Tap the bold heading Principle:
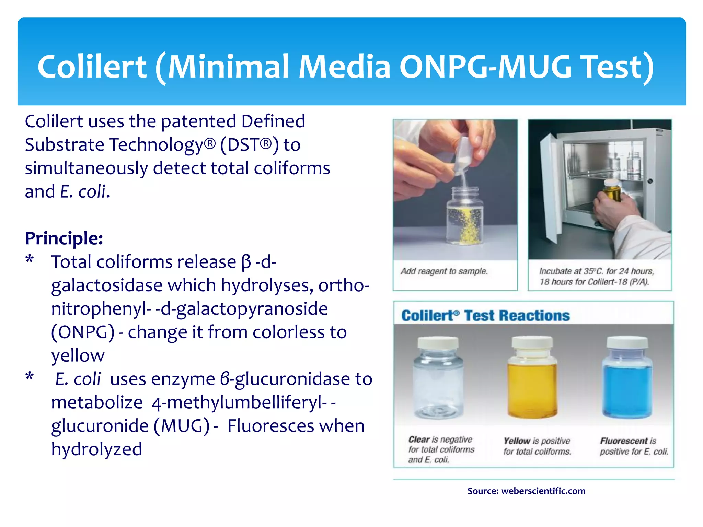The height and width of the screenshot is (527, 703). (x=64, y=238)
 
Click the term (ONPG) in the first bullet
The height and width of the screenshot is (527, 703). (x=83, y=332)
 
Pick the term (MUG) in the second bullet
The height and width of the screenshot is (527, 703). (x=181, y=426)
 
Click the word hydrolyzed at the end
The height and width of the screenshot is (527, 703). (x=96, y=449)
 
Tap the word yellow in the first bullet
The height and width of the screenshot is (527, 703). (x=78, y=356)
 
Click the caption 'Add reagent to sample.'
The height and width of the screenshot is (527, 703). (x=444, y=271)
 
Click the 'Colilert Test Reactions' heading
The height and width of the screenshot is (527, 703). (x=485, y=316)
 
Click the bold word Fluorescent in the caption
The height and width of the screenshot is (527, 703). (x=623, y=441)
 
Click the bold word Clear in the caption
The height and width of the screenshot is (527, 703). (x=419, y=440)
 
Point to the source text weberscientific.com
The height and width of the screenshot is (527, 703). (x=543, y=491)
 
